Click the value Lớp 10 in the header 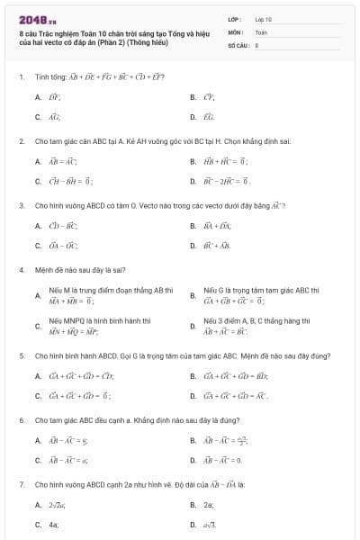[x=264, y=18]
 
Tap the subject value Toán [x=261, y=31]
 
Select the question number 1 [x=21, y=76]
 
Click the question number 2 [x=21, y=141]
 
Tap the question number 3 [x=21, y=205]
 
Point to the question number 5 [x=21, y=355]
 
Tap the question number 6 [x=21, y=419]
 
